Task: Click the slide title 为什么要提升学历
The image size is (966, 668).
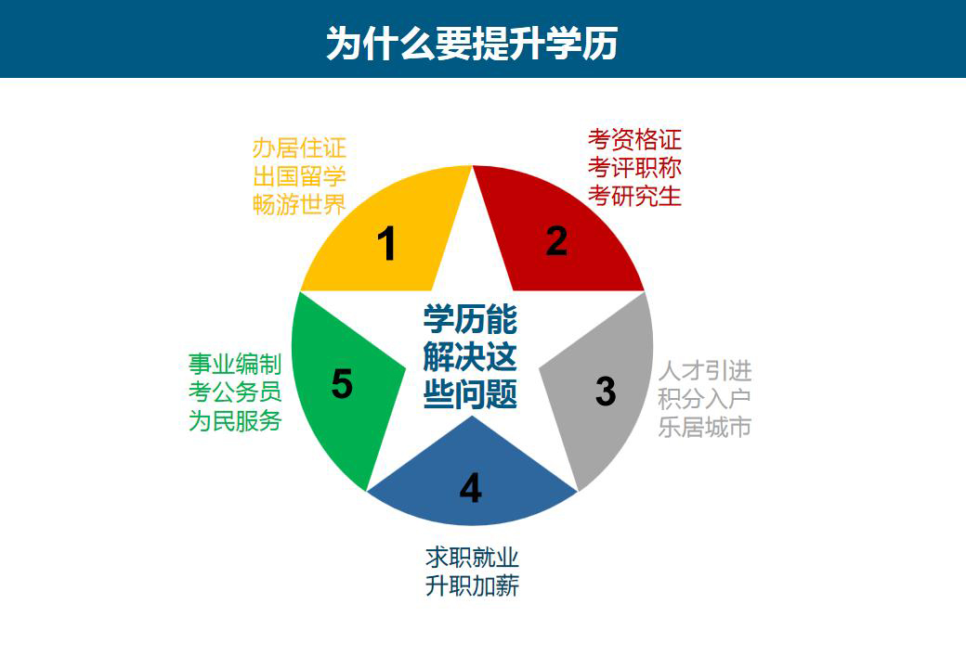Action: pyautogui.click(x=472, y=43)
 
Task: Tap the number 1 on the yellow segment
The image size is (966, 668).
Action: pyautogui.click(x=386, y=244)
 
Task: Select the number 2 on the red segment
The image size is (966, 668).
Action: pyautogui.click(x=556, y=240)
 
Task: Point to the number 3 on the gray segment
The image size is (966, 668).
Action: pyautogui.click(x=606, y=391)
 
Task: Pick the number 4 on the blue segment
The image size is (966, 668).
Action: pyautogui.click(x=471, y=488)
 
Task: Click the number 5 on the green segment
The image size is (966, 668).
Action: pyautogui.click(x=342, y=384)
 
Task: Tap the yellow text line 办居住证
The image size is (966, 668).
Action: pyautogui.click(x=299, y=148)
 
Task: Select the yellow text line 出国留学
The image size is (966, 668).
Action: pyautogui.click(x=299, y=176)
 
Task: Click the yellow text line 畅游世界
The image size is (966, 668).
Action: pyautogui.click(x=299, y=205)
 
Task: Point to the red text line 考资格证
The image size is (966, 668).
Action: pyautogui.click(x=634, y=139)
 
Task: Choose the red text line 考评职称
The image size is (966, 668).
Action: pyautogui.click(x=634, y=168)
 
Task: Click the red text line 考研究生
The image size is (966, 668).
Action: pyautogui.click(x=634, y=196)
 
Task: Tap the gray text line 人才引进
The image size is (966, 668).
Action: pyautogui.click(x=705, y=371)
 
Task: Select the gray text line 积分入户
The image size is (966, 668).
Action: pyautogui.click(x=705, y=399)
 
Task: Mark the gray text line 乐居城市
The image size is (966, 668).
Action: pyautogui.click(x=705, y=428)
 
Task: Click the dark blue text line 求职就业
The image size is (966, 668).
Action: pyautogui.click(x=472, y=558)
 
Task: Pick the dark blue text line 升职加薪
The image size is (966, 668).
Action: pyautogui.click(x=472, y=586)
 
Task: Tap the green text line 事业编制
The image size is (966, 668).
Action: pyautogui.click(x=235, y=364)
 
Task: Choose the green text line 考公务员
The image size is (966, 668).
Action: pyautogui.click(x=235, y=392)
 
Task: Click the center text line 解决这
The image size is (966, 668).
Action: pyautogui.click(x=470, y=357)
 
